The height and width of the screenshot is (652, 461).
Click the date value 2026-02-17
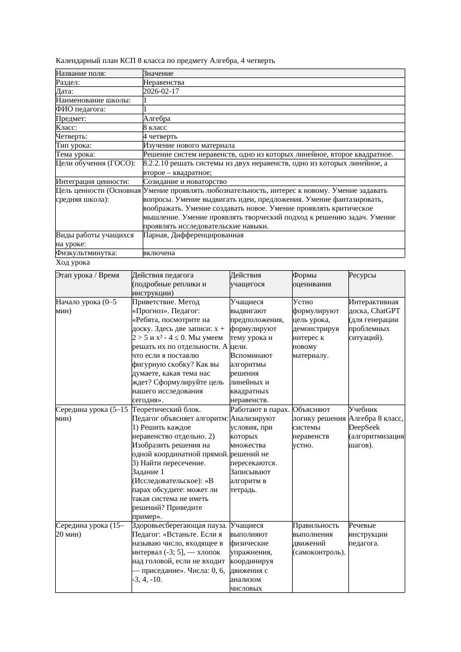point(161,91)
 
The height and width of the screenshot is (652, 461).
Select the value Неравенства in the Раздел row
point(164,82)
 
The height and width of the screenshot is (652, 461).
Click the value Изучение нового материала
point(189,145)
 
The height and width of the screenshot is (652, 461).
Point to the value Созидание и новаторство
point(185,182)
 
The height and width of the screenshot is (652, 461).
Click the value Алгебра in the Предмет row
point(157,119)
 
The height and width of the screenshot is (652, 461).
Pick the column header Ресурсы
point(362,275)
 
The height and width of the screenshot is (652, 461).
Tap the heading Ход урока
point(73,262)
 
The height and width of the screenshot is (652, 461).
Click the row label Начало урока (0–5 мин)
point(86,306)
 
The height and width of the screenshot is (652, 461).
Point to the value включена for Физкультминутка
point(159,253)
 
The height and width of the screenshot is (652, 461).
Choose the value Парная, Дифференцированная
point(193,235)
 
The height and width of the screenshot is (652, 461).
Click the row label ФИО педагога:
point(81,109)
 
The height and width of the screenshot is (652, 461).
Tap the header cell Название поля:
point(81,74)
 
